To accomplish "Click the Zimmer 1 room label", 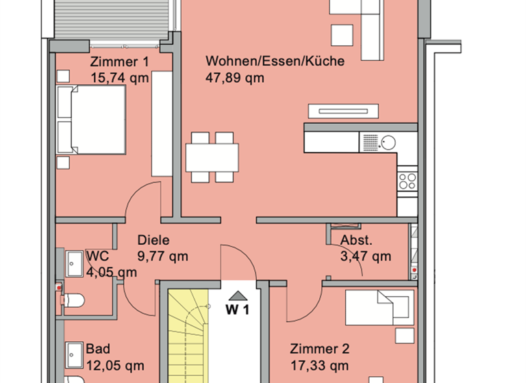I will point(119,62).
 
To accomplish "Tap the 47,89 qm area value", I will point(235,77).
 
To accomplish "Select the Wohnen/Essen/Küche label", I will point(275,61).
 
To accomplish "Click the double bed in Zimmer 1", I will point(91,120).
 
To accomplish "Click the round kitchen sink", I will point(388,143).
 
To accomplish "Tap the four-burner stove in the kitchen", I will point(408,181).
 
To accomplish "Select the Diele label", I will point(153,240).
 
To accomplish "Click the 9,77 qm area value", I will point(162,256).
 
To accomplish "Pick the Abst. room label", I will point(356,240).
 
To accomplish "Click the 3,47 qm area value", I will point(366,256).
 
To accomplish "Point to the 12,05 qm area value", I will point(115,364).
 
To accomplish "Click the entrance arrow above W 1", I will point(238,295).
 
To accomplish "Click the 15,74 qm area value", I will point(119,77).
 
